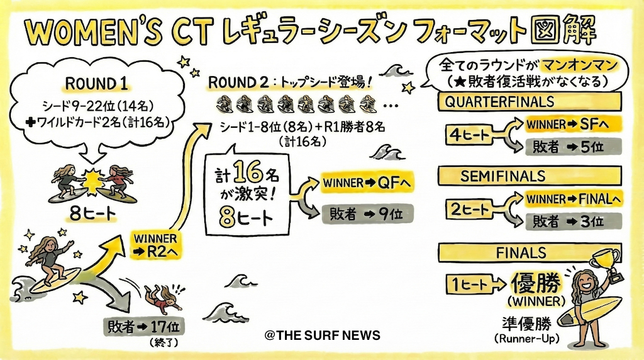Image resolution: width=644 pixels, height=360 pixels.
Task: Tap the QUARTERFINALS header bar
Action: [530, 101]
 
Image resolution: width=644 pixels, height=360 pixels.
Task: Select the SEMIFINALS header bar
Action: [530, 176]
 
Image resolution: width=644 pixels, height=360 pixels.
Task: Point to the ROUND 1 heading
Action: [96, 84]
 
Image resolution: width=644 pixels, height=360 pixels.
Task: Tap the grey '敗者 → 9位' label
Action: [367, 214]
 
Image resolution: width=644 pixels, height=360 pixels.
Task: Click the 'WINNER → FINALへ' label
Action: [574, 200]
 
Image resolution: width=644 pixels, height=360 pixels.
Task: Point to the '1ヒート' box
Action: [469, 284]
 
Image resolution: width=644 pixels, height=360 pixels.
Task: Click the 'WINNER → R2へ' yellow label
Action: [155, 245]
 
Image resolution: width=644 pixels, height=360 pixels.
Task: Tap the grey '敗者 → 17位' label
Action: [144, 327]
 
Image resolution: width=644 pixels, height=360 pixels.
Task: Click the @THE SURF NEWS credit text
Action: [323, 335]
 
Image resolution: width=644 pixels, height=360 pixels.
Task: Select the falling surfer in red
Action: [163, 298]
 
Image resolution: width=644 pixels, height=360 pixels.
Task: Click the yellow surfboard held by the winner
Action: [589, 311]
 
